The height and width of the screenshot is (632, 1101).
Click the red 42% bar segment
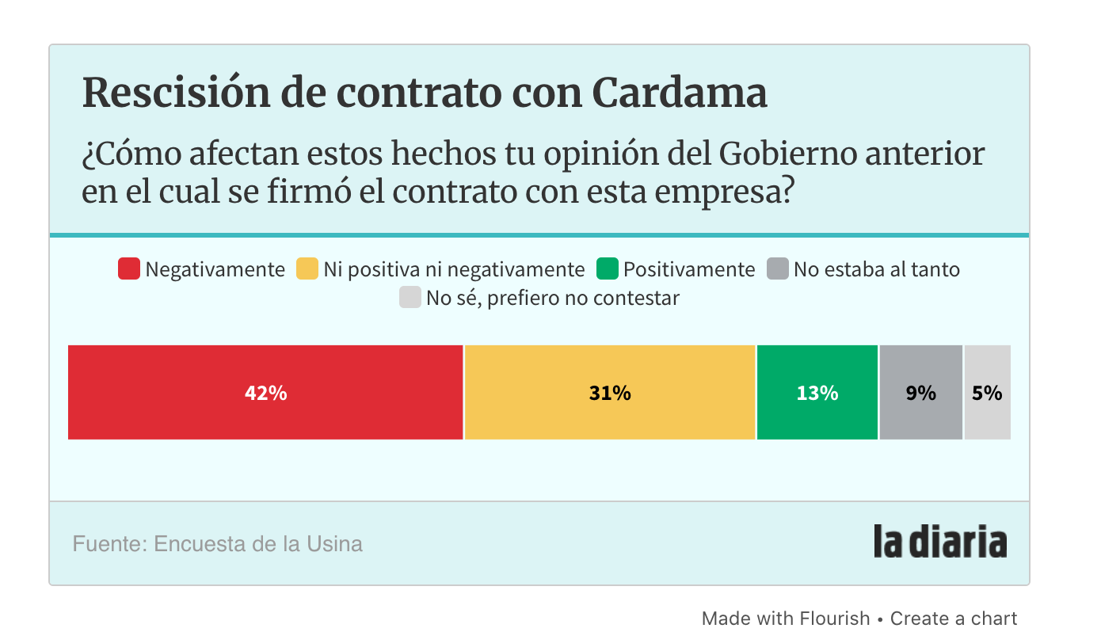265,393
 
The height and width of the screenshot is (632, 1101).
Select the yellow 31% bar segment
609,393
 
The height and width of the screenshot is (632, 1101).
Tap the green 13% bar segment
817,393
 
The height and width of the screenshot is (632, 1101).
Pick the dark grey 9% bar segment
920,393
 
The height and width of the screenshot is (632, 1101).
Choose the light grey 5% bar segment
987,393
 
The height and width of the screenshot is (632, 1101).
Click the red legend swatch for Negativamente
129,269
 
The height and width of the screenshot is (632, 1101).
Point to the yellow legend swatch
307,269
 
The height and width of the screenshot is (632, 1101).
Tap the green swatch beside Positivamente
608,269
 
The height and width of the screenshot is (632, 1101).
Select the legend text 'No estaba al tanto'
876,269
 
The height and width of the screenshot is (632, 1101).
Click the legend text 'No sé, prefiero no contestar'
552,299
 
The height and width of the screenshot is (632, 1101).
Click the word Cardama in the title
680,93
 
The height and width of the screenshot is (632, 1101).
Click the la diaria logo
940,542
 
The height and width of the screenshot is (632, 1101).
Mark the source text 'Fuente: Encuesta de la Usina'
217,544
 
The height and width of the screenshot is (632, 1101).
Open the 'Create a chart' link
954,618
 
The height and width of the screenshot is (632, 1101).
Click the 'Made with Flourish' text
786,618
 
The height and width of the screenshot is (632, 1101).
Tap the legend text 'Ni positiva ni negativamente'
454,269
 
